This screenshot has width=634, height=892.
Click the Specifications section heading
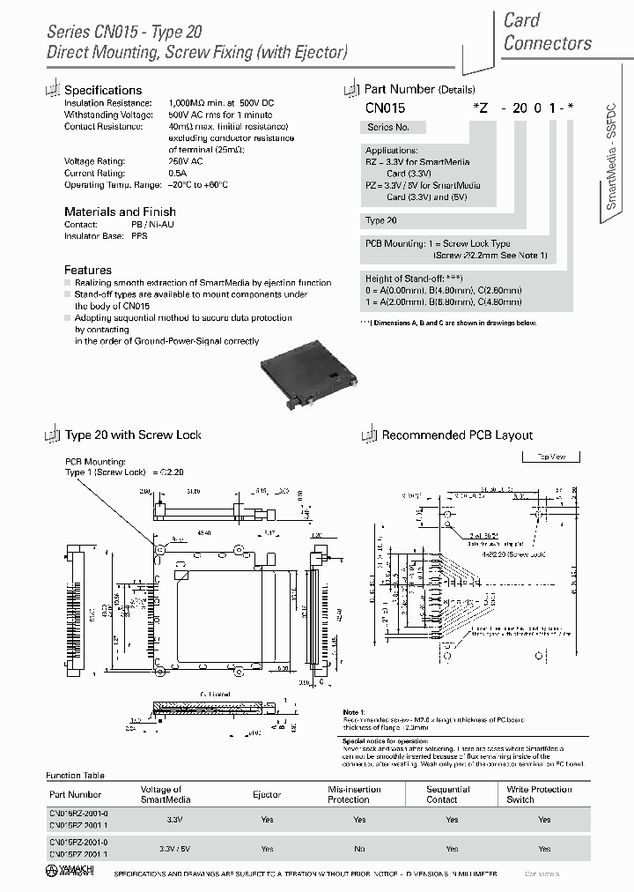103,90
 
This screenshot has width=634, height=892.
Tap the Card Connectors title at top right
547,32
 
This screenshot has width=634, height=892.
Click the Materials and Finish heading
120,212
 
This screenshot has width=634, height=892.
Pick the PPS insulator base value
139,236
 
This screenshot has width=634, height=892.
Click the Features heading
88,270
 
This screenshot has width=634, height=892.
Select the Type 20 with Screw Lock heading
133,435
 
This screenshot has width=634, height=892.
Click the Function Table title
75,775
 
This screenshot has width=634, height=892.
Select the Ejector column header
267,794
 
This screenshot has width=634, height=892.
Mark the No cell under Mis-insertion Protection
359,849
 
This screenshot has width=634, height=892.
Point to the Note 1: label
353,712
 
